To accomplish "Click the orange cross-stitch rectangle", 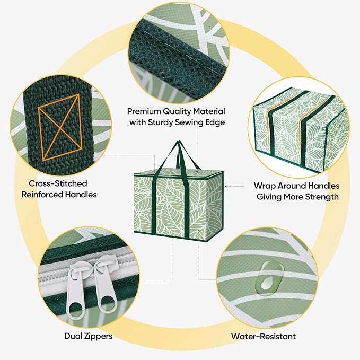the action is click(60, 127).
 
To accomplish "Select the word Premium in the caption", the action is click(144, 111).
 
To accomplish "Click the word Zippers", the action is click(98, 336).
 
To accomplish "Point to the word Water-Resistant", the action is click(264, 336).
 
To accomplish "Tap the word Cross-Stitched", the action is click(58, 183).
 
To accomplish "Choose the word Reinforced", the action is click(42, 195).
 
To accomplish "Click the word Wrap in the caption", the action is click(265, 186).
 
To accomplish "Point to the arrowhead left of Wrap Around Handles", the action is click(226, 186).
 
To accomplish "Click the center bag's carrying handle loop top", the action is click(179, 143).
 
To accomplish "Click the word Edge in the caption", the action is click(215, 122).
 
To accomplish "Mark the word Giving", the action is click(269, 197).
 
